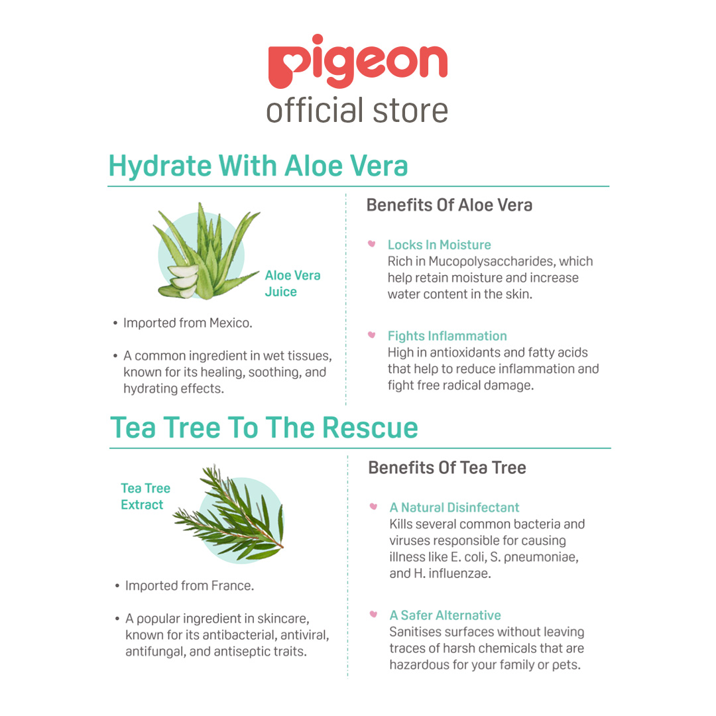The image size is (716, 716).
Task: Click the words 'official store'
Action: point(357,110)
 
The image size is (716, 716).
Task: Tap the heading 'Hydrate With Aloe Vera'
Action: point(258,166)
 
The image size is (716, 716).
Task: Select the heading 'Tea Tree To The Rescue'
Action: point(264,428)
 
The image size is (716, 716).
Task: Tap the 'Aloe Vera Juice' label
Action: point(292,284)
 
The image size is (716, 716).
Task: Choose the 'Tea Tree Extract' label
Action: point(145,497)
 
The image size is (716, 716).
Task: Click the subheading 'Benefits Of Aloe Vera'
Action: point(449,206)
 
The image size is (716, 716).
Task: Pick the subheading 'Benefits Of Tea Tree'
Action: point(447,468)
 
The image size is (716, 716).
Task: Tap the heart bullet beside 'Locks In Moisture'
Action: point(372,245)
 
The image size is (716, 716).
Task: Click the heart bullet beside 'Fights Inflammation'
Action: point(372,335)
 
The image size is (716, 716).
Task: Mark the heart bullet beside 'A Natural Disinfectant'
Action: point(374,507)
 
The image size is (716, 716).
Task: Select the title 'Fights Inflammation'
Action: point(447,336)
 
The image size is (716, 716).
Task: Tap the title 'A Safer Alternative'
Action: point(445,615)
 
